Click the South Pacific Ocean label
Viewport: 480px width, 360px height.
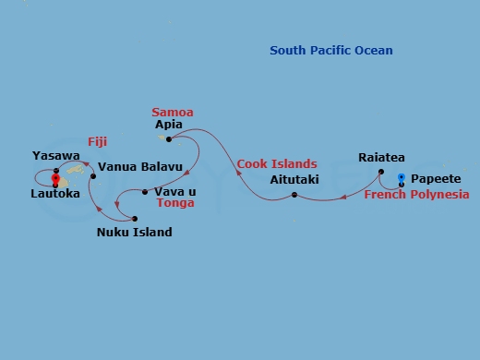click(x=330, y=51)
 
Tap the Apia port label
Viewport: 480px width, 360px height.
click(x=169, y=124)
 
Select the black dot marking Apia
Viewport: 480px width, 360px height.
click(x=170, y=139)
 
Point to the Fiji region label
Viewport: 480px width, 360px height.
click(x=99, y=142)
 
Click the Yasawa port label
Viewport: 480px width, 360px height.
click(x=55, y=156)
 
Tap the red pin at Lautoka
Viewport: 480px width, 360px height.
click(x=55, y=179)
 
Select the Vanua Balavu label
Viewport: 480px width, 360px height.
click(x=138, y=168)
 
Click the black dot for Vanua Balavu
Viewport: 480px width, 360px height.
click(x=93, y=175)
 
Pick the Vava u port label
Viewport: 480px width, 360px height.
click(x=174, y=191)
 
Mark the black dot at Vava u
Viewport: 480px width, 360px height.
click(x=145, y=192)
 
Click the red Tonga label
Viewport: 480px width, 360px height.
click(x=175, y=204)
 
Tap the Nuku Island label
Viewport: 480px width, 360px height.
click(x=134, y=233)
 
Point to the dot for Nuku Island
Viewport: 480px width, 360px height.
click(x=135, y=219)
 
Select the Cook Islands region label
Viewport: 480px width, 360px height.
click(x=277, y=164)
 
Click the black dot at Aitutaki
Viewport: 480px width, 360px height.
click(x=294, y=195)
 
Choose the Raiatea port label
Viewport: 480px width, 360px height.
click(x=381, y=158)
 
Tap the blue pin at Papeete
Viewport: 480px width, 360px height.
click(x=401, y=176)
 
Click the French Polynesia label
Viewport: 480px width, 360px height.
click(x=415, y=195)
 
